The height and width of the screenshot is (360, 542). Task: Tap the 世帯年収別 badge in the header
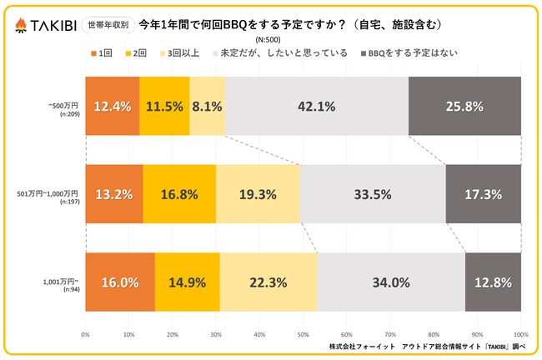108,25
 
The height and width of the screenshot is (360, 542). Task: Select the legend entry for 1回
102,53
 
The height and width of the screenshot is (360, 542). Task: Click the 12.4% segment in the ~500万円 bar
112,106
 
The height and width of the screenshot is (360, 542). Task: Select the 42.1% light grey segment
317,106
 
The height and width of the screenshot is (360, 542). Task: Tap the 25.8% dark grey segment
464,106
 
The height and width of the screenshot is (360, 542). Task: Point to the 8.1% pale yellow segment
207,106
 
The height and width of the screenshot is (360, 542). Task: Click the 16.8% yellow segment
179,194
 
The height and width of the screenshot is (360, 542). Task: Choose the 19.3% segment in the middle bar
258,194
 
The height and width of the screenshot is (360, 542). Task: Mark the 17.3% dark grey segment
483,194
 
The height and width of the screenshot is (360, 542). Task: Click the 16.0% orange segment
119,282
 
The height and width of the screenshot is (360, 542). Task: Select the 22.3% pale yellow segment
268,282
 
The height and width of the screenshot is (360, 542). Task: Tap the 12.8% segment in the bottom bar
493,282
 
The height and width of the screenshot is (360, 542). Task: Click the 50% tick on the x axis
303,334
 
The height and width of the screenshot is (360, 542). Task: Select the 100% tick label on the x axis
520,334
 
